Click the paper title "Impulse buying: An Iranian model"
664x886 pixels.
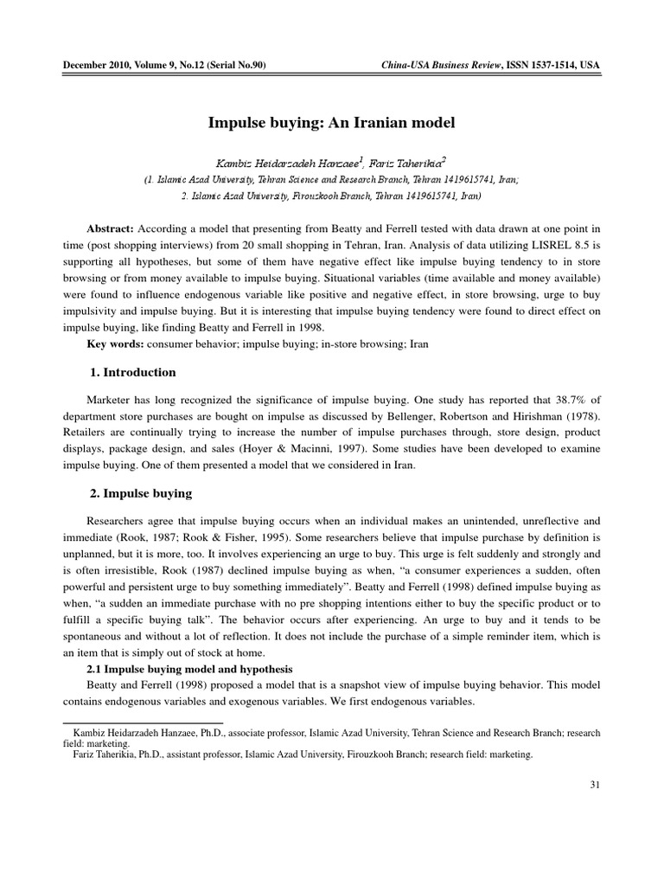click(331, 123)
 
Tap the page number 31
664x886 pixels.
click(594, 784)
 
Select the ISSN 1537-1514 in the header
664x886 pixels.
click(535, 66)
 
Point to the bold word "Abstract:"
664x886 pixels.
click(110, 228)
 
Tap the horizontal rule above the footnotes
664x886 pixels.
click(144, 722)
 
